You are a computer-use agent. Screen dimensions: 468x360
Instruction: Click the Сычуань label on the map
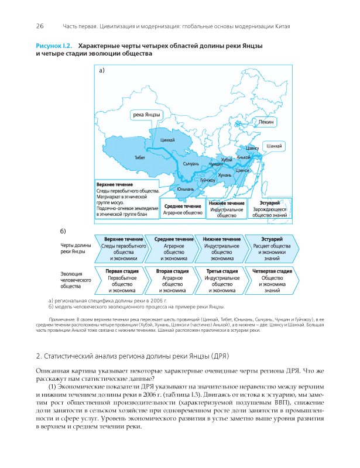[191, 164]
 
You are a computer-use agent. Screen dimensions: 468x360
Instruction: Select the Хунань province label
[225, 175]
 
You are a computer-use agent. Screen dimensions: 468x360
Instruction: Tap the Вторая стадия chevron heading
[173, 271]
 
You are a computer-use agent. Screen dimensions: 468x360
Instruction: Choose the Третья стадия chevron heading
[222, 271]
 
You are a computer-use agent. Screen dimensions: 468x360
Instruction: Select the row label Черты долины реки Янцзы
[74, 249]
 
